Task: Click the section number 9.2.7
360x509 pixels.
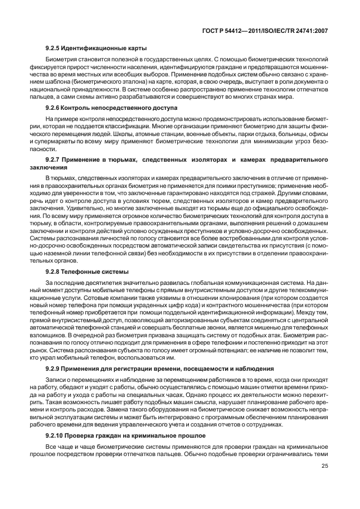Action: pos(55,160)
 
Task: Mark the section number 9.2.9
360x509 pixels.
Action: pos(55,369)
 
